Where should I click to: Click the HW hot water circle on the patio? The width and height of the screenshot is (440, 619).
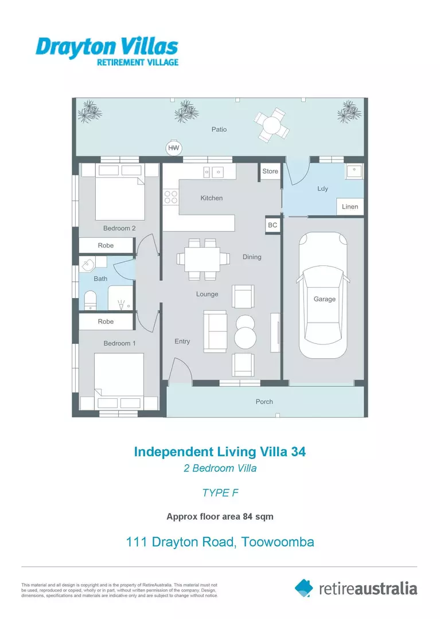173,148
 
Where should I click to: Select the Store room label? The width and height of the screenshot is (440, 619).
270,171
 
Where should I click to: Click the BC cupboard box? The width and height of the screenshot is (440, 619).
272,225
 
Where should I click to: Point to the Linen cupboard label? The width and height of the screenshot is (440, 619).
350,207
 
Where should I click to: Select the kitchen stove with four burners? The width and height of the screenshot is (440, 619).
171,197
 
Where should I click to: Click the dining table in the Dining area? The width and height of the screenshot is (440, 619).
203,258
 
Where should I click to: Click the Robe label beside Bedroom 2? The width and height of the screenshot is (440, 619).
106,245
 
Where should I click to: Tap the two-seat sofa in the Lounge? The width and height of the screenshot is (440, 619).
216,331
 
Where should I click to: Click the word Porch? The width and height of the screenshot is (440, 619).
264,402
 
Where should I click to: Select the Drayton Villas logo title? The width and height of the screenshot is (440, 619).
107,47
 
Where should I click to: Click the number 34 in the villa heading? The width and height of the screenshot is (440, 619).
298,452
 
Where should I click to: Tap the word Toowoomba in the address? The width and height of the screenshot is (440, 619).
278,542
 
